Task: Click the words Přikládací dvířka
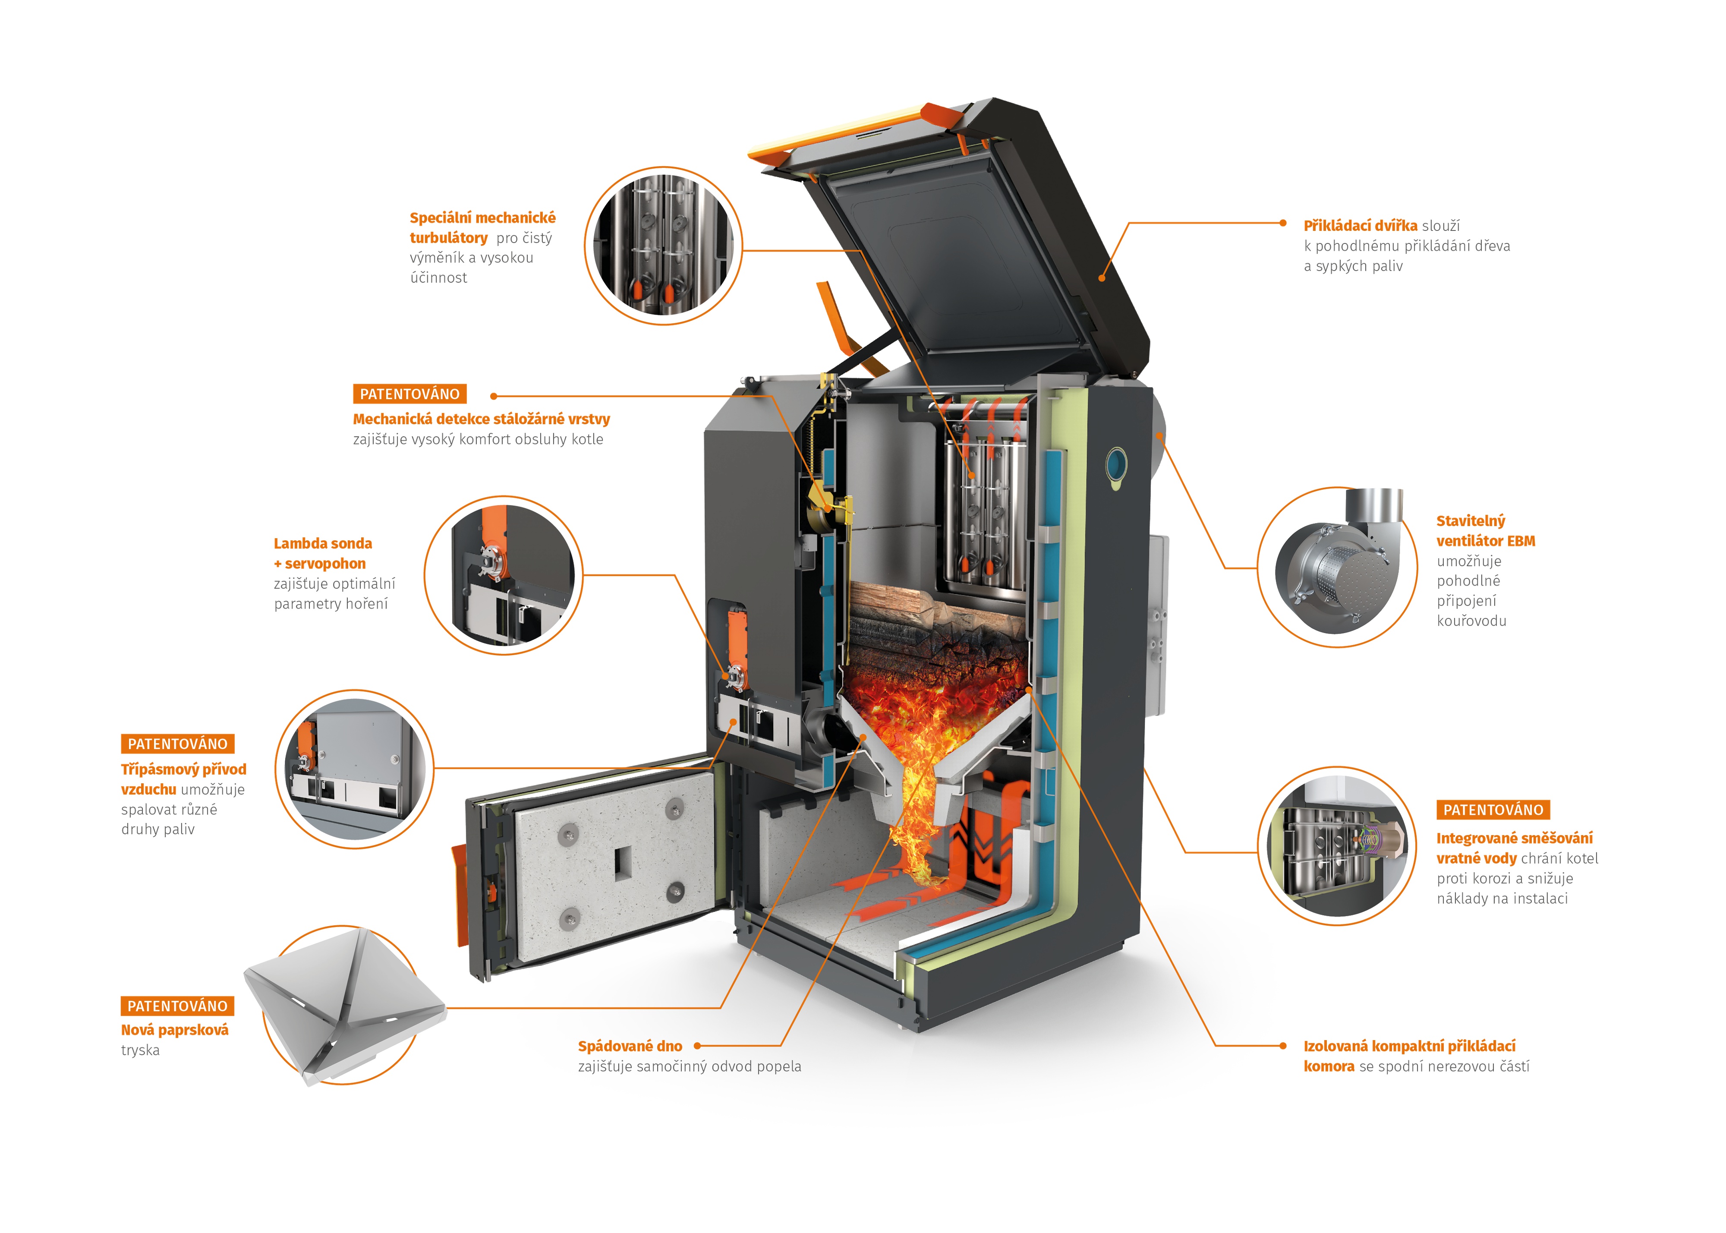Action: point(1360,225)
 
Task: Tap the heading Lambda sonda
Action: point(323,544)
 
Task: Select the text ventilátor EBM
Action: point(1485,541)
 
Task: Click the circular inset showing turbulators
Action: point(663,246)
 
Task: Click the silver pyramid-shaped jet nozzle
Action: point(345,1002)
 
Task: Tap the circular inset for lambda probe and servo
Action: point(503,576)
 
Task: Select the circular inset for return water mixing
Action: point(1337,845)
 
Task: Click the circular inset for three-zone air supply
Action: point(354,769)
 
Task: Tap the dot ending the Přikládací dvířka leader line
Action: point(1283,223)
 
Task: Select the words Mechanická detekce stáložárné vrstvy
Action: point(481,419)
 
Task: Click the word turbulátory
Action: point(449,238)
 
